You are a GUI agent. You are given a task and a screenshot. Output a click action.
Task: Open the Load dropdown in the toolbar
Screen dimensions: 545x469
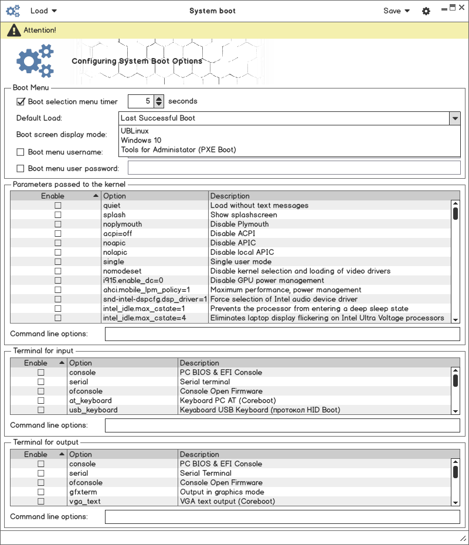[x=43, y=11]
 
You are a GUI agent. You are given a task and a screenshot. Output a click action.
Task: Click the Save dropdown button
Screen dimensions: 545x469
[x=396, y=11]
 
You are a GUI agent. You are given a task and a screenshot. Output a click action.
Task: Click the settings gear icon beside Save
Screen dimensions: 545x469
[x=426, y=11]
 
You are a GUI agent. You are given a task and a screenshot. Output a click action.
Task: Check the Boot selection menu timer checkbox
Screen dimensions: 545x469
[x=21, y=101]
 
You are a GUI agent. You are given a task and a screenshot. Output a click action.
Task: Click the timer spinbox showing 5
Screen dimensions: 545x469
[x=141, y=101]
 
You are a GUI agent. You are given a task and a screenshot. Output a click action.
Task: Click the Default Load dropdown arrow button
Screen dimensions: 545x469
[x=455, y=118]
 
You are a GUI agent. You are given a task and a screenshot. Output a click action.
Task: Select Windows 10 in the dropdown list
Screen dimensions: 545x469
[x=141, y=140]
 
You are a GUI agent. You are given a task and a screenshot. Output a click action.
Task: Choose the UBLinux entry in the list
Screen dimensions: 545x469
[x=135, y=131]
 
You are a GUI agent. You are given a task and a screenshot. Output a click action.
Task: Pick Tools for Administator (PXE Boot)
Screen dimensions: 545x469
[x=178, y=149]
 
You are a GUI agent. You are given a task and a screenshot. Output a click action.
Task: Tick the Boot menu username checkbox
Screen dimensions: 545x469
[x=21, y=152]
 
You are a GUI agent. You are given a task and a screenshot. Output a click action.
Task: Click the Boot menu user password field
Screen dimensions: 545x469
[x=294, y=168]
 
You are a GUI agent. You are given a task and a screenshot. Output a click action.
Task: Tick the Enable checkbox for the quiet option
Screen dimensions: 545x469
[x=57, y=206]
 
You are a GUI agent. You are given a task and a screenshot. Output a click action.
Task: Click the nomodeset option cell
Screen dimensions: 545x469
[x=123, y=271]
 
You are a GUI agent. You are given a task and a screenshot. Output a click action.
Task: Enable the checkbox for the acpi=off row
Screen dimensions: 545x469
[x=57, y=234]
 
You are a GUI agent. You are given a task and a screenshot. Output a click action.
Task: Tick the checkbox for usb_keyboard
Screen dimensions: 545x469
[x=41, y=410]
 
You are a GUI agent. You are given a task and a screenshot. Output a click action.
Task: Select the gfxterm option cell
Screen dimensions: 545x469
[x=83, y=492]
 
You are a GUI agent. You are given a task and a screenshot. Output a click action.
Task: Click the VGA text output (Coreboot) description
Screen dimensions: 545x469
[x=227, y=502]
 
